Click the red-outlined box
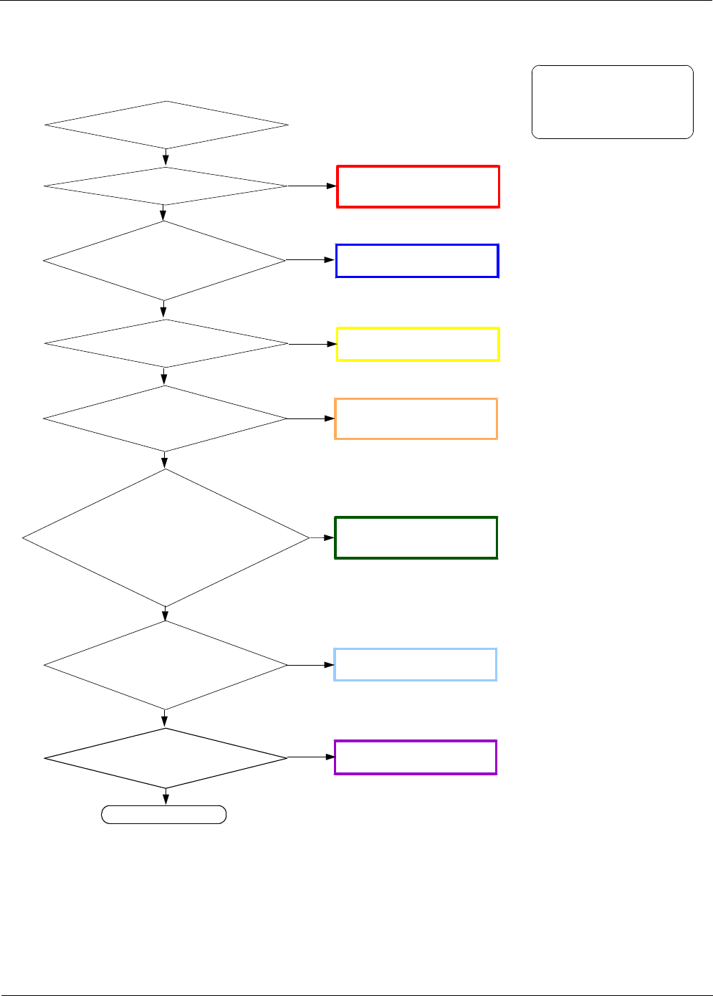point(418,187)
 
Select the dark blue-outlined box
point(417,261)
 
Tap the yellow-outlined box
point(418,345)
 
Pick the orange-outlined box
point(416,418)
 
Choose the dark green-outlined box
point(416,537)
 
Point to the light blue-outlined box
point(415,664)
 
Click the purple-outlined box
point(415,757)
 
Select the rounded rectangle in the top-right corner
point(612,102)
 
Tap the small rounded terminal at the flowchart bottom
point(164,815)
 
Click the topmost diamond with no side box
point(166,125)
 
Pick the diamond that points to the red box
point(166,186)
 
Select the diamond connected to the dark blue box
point(164,261)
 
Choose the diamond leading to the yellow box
point(166,344)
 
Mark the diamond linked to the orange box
point(165,418)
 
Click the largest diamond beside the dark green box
point(166,537)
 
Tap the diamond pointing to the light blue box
point(166,665)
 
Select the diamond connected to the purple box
point(166,757)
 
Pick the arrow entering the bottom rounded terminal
point(166,797)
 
